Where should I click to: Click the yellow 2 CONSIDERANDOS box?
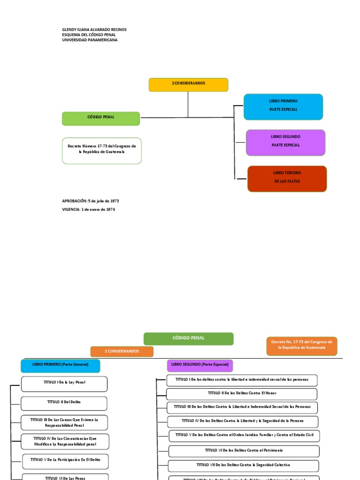188,84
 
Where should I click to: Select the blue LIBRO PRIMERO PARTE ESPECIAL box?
283,106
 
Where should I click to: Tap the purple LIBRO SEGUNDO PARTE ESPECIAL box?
285,142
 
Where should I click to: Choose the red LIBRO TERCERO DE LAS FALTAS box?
287,179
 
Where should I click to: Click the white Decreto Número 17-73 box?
102,150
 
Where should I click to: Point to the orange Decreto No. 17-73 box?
301,346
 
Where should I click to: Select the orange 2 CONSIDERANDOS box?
122,351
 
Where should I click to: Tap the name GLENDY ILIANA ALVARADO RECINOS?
94,30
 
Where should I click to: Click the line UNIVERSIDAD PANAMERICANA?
90,40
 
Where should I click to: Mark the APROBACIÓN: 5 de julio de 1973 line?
90,201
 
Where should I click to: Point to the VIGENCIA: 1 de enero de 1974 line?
89,210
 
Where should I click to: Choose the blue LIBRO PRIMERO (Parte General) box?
60,366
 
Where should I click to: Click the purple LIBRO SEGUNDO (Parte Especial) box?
200,366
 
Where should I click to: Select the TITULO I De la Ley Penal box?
64,384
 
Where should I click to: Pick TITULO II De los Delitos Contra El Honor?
242,394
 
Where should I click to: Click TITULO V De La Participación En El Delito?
65,461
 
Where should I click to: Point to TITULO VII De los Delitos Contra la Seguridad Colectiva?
243,466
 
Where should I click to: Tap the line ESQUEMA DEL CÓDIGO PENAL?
89,35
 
